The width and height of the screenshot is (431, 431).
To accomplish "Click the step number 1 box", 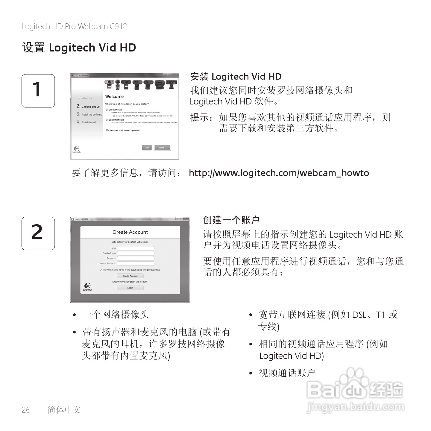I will click(x=38, y=91).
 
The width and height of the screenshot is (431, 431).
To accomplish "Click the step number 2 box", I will click(x=38, y=233).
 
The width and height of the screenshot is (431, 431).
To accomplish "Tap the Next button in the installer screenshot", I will click(x=163, y=148).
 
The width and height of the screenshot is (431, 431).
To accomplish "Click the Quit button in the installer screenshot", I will click(x=147, y=148).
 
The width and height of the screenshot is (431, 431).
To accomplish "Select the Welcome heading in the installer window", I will click(x=114, y=97).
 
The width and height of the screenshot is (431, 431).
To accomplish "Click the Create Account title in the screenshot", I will click(x=130, y=232).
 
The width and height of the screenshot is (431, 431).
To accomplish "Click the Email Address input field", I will click(x=136, y=253).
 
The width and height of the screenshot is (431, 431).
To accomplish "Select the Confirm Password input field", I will click(x=136, y=263).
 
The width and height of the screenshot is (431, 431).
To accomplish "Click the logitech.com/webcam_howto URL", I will click(x=279, y=173).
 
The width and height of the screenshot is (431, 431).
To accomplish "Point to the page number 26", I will click(x=26, y=410).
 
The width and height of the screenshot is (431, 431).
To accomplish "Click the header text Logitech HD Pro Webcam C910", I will click(x=75, y=26).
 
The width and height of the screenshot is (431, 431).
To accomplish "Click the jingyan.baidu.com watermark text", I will click(x=355, y=407).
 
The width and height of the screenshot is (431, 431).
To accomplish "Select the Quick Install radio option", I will click(x=107, y=110).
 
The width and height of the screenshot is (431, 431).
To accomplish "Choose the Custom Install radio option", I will click(x=107, y=120).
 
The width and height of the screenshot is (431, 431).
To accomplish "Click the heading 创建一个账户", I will click(x=231, y=220).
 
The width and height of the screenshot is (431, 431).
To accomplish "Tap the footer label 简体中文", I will click(x=64, y=410).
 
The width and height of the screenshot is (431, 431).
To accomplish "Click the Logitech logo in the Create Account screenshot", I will click(x=87, y=287).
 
